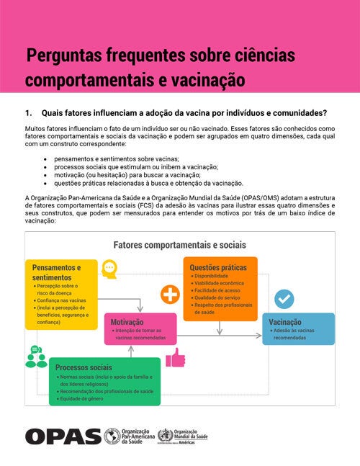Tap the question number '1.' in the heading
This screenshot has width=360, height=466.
[x=29, y=113]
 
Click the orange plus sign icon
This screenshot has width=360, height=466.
[x=170, y=295]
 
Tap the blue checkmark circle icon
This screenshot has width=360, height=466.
[x=284, y=299]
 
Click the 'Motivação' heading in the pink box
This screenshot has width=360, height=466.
[x=127, y=322]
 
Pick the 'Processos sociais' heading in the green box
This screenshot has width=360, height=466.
[x=84, y=367]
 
